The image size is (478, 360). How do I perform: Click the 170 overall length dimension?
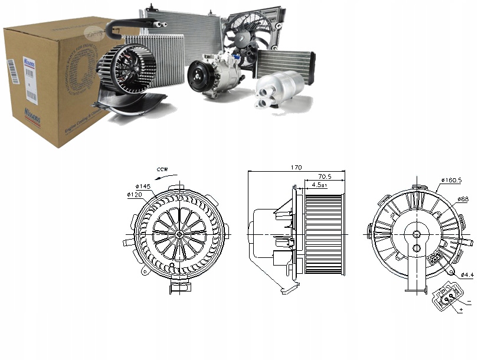pos(296,168)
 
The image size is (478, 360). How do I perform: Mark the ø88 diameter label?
pos(463,199)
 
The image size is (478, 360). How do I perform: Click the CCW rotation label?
pos(163,169)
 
